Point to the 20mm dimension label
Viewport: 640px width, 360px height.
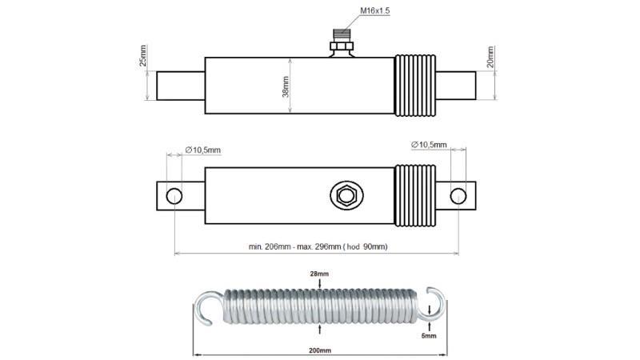tap(490, 57)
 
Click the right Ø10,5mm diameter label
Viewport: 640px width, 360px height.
tap(428, 144)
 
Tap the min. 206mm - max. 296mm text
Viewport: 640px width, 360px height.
tap(318, 246)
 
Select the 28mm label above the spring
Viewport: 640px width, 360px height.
tap(319, 274)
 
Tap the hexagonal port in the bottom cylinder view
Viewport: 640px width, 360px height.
tap(346, 195)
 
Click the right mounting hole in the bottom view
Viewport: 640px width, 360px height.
tap(458, 195)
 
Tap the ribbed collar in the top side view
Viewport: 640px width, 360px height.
tap(416, 86)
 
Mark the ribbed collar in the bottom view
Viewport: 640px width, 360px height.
tap(416, 195)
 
